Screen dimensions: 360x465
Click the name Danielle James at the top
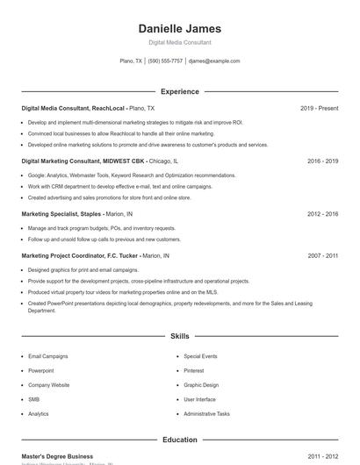click(180, 28)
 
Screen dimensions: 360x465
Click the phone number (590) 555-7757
click(165, 61)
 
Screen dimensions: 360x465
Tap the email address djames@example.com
click(214, 61)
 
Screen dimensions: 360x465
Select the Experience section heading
click(180, 91)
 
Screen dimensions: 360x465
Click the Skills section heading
click(180, 336)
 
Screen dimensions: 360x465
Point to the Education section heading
click(180, 440)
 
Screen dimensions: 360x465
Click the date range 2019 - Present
click(319, 108)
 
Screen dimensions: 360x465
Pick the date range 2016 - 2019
click(322, 161)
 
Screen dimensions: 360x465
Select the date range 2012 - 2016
click(322, 214)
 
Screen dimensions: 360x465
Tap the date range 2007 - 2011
click(322, 255)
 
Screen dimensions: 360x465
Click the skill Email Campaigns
click(47, 357)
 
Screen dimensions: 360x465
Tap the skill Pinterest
click(193, 371)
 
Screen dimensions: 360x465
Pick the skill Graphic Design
click(201, 385)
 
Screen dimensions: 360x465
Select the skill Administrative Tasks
click(206, 413)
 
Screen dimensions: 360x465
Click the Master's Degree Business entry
click(57, 456)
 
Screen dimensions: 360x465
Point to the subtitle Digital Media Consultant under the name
click(180, 42)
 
